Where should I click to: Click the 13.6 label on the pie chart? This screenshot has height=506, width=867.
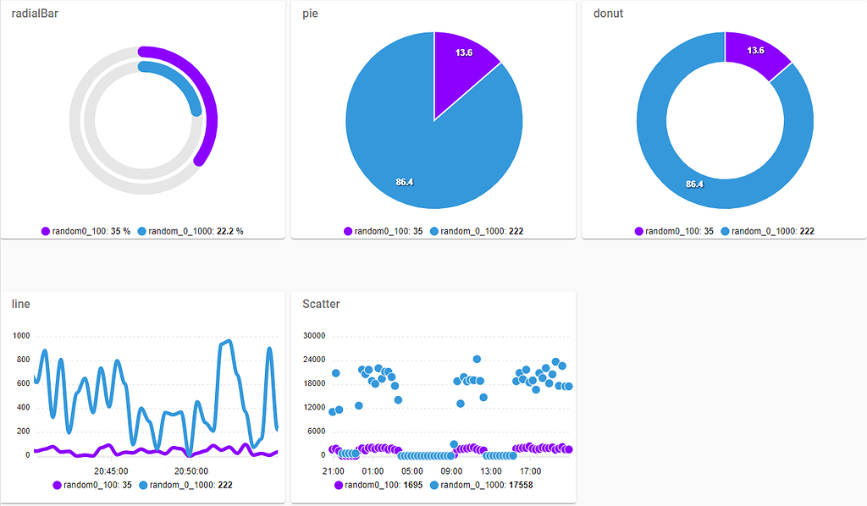pos(464,52)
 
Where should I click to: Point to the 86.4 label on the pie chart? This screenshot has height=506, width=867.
pos(405,181)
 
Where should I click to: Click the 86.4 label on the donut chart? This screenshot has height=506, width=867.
pos(694,184)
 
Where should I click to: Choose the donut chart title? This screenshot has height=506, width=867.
pos(609,14)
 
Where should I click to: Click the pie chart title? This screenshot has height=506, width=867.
pos(311,14)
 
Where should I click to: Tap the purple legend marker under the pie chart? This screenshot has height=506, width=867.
pos(348,231)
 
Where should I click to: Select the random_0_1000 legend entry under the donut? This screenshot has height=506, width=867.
pos(768,231)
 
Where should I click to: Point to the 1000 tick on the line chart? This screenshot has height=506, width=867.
pos(21,336)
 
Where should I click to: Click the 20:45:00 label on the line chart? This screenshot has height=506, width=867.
pos(110,470)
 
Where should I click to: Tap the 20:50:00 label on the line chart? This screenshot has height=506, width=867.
pos(191,470)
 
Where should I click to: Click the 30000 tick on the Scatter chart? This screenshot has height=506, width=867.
pos(314,336)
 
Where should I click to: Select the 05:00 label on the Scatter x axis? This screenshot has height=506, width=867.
pos(411,470)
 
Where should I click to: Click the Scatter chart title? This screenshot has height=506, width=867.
pos(321,303)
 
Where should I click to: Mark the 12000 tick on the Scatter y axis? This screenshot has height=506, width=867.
pos(314,408)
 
